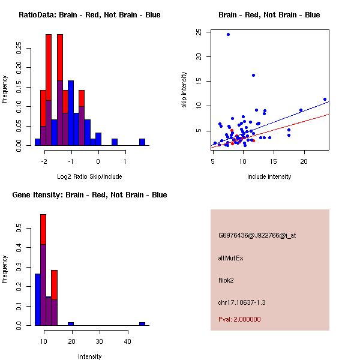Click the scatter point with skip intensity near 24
click(228, 34)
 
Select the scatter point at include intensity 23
click(325, 99)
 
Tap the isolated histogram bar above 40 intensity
click(142, 323)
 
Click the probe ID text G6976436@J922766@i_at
click(257, 235)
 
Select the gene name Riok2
click(227, 280)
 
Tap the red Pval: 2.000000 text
click(239, 319)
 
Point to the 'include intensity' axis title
click(269, 176)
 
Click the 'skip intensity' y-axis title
click(184, 90)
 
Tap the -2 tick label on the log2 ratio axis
click(44, 161)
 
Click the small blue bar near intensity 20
click(71, 323)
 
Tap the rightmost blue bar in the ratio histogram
click(142, 142)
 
